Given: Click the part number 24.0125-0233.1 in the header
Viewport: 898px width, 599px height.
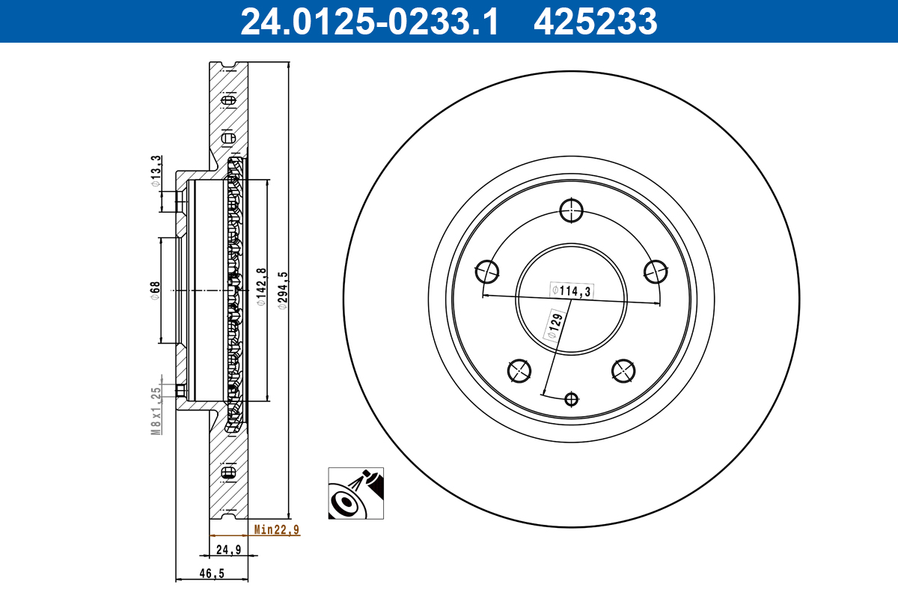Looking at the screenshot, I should click(x=368, y=22).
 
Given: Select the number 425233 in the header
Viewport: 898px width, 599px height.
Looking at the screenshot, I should click(x=595, y=22).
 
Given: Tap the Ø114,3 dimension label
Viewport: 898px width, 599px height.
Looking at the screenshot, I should click(x=572, y=291).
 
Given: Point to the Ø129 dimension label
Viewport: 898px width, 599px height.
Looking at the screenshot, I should click(x=555, y=326).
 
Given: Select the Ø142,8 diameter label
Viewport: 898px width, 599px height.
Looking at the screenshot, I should click(x=261, y=288).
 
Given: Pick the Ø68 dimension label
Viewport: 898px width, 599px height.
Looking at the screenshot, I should click(x=154, y=291).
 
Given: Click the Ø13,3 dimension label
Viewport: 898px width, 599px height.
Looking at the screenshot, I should click(x=156, y=171).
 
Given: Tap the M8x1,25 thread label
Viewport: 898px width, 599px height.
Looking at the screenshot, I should click(x=156, y=411).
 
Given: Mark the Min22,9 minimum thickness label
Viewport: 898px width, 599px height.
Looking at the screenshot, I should click(x=276, y=530).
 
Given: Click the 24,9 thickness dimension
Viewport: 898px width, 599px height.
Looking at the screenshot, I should click(x=227, y=550).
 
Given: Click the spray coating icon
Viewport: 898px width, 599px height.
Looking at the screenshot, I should click(x=356, y=493).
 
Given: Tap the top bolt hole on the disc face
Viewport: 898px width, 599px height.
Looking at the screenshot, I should click(x=572, y=210).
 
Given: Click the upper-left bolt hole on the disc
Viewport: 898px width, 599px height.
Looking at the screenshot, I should click(x=488, y=271).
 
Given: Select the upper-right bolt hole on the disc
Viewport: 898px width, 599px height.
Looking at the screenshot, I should click(x=656, y=271).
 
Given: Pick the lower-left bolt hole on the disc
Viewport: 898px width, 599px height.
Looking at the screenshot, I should click(x=519, y=370).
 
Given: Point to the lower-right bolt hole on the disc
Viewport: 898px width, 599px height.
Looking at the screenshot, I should click(x=624, y=370).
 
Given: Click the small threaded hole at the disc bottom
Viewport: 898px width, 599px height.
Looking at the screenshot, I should click(x=572, y=399).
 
